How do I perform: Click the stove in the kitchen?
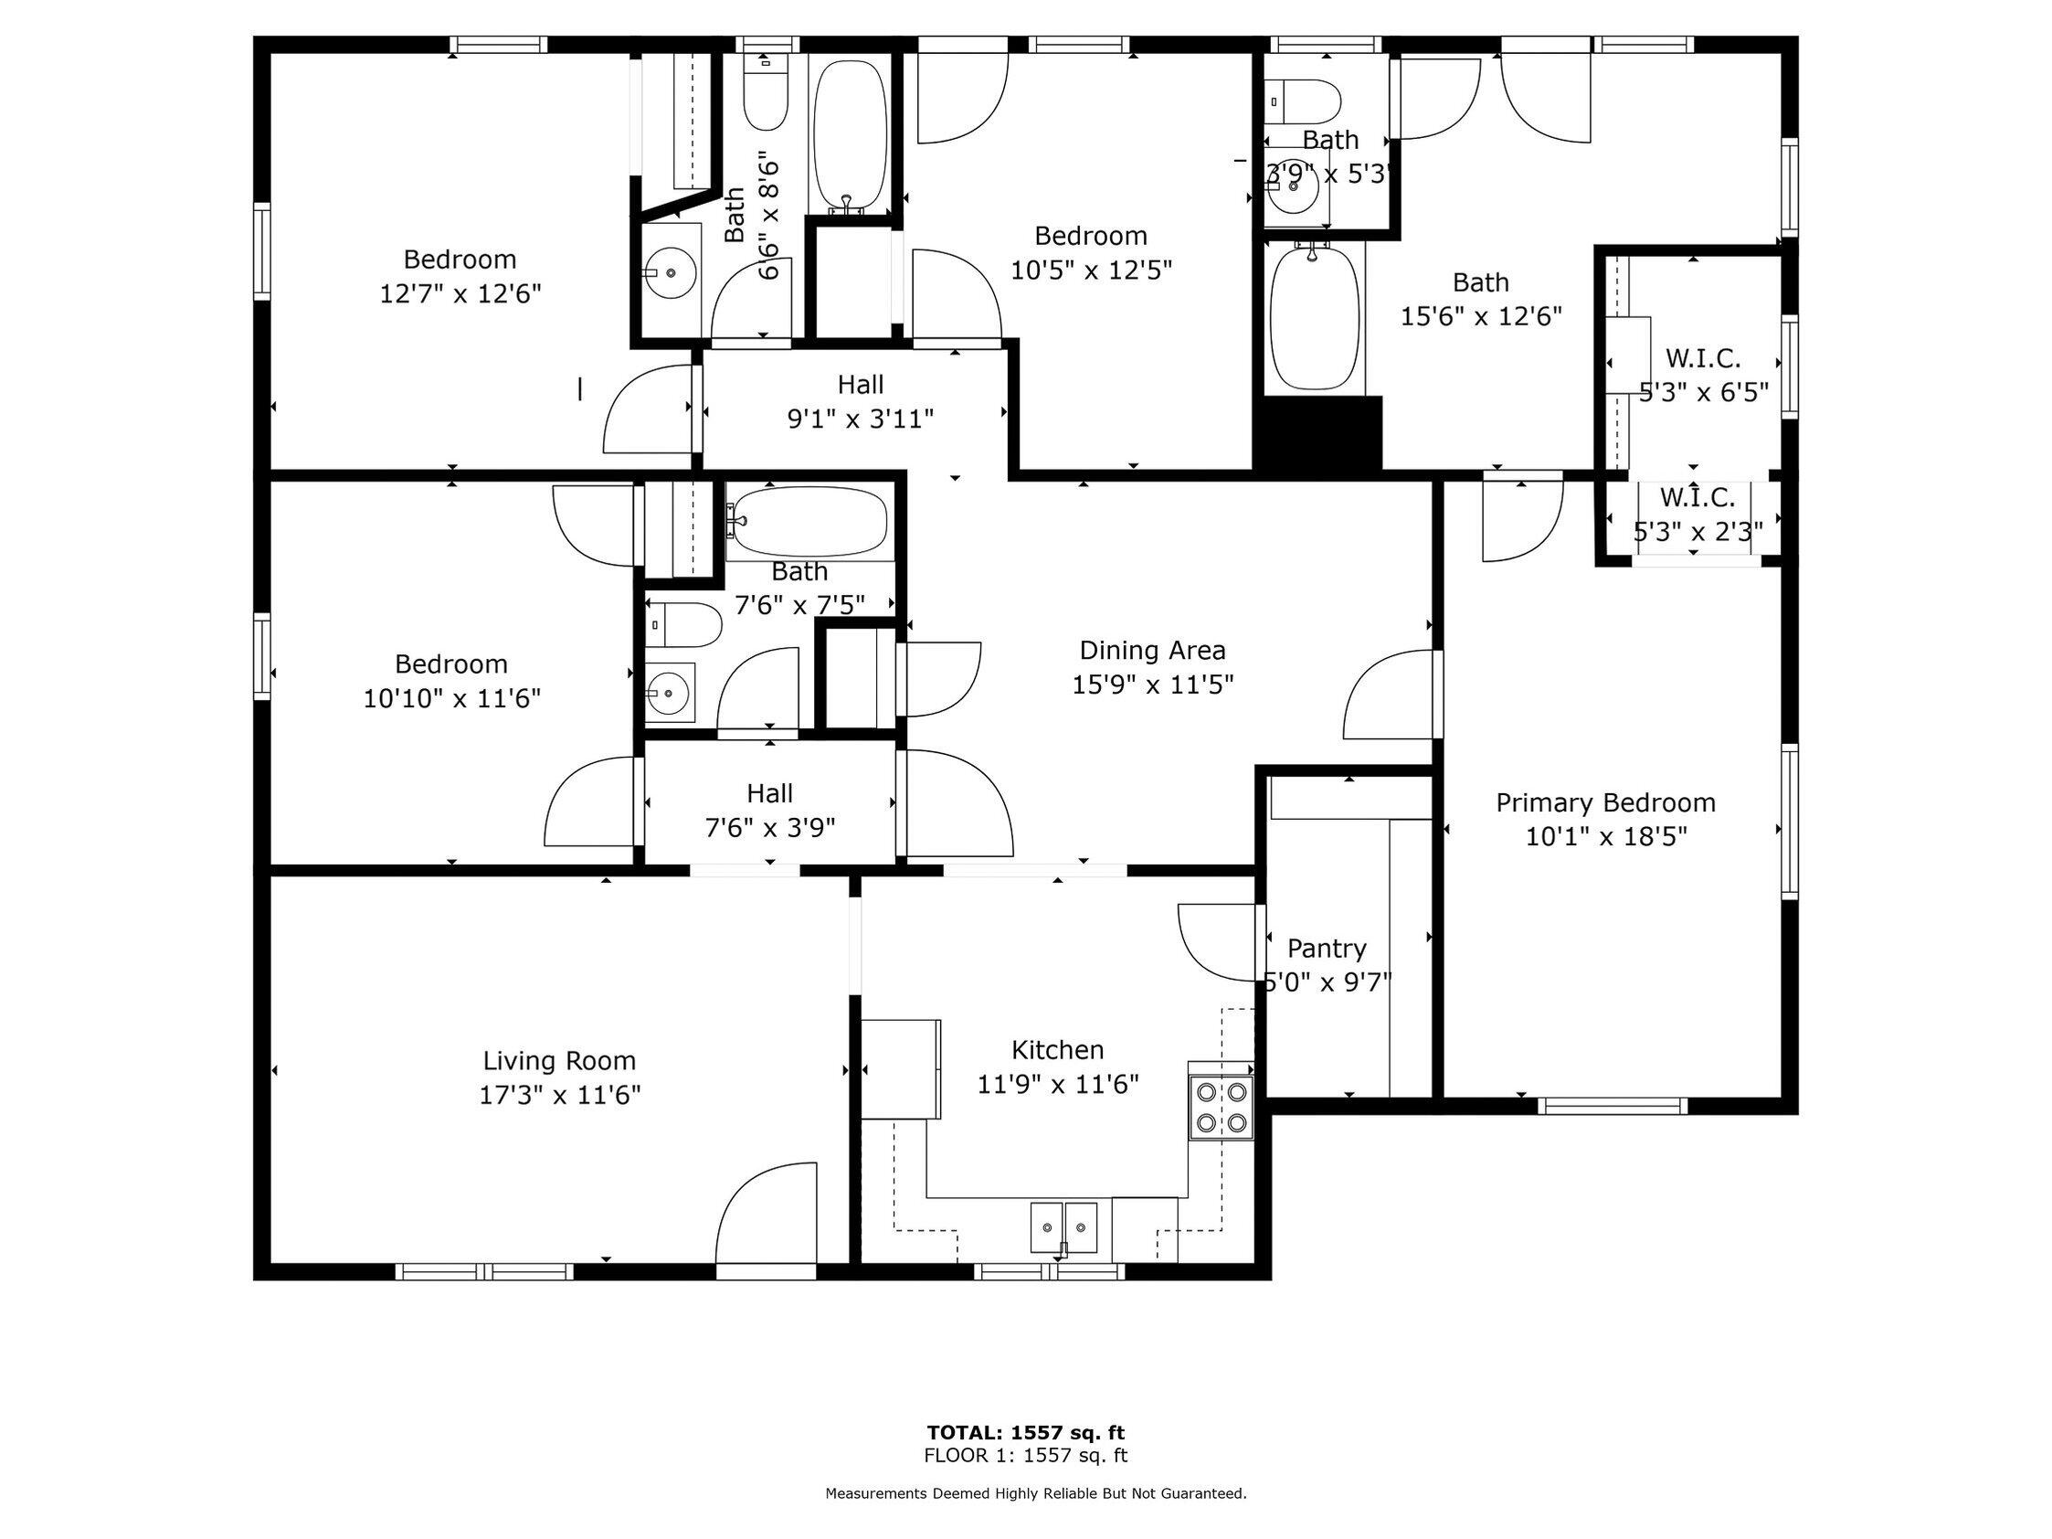(1221, 1107)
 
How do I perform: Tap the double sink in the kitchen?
(1063, 1226)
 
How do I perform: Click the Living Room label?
(559, 1060)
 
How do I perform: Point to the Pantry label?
(1327, 948)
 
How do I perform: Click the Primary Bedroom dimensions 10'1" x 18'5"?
(1606, 837)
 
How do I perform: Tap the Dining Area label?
(1152, 651)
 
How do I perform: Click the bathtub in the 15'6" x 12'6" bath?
(1313, 318)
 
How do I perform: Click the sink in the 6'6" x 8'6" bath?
(671, 272)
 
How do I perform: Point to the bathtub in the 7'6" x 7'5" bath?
(809, 522)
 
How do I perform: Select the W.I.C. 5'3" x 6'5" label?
(1703, 375)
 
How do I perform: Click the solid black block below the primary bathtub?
(1317, 433)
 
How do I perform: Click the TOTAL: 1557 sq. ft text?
(1026, 1433)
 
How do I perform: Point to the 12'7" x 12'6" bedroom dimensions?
(460, 294)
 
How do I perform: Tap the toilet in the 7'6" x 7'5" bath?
(683, 625)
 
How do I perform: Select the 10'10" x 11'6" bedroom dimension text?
(451, 698)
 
